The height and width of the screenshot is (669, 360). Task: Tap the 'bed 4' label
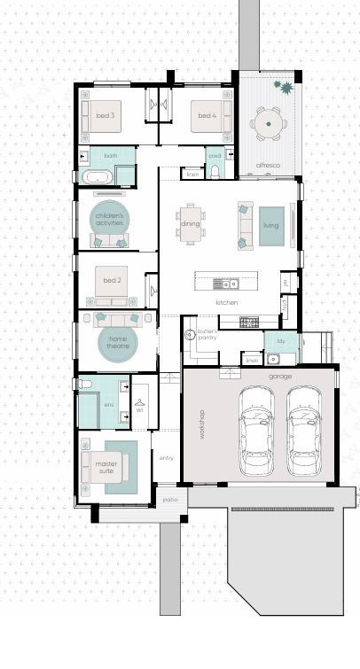point(207,115)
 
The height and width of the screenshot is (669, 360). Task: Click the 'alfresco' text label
point(268,165)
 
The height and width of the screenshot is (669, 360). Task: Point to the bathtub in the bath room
point(98,177)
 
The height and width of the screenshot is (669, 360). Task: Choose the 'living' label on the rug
point(270,226)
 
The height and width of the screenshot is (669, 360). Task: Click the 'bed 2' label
point(112,281)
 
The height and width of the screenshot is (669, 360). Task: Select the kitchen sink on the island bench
point(226,284)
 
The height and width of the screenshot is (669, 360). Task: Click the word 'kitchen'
point(227,303)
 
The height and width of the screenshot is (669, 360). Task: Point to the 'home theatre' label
point(118,342)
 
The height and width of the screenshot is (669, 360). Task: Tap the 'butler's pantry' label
point(207,334)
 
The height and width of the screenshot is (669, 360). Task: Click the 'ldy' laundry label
point(280,340)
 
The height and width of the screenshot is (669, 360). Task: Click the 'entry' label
point(166,457)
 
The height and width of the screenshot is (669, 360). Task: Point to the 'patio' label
point(169,500)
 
